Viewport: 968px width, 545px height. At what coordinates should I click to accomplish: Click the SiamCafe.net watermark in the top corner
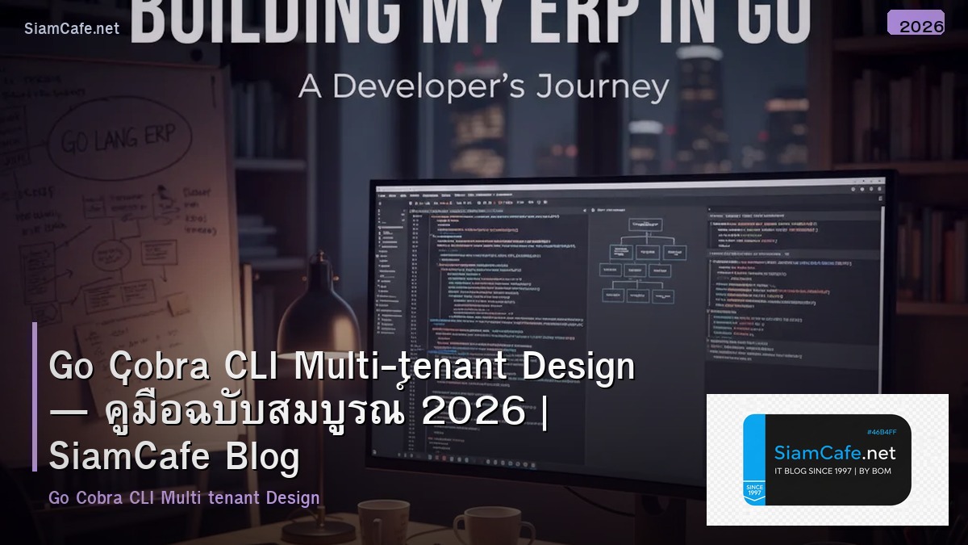(72, 28)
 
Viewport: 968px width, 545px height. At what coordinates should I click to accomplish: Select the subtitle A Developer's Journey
(483, 86)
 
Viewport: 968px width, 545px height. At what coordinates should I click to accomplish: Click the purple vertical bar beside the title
(35, 396)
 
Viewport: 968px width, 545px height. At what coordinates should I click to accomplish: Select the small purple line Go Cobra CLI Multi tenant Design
(184, 497)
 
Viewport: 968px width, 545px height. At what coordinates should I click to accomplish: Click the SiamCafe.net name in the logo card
(834, 452)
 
